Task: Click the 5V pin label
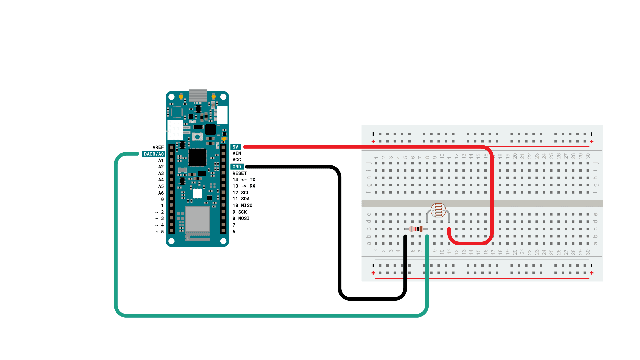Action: click(235, 147)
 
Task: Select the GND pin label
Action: click(237, 167)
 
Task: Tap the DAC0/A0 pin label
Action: click(154, 154)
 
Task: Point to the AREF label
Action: click(158, 147)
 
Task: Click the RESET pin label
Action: click(239, 173)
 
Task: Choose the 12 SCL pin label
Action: click(241, 193)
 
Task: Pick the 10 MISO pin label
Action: click(242, 205)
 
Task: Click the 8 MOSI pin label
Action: click(241, 218)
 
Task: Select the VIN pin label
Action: click(237, 153)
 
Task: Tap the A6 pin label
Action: click(161, 193)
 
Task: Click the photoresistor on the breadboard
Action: click(438, 210)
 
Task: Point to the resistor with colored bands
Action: click(416, 229)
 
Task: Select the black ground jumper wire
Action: click(339, 233)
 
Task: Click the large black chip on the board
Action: click(197, 157)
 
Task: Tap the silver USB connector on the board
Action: click(198, 95)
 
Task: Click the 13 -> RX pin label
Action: click(244, 186)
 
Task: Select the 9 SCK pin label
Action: click(240, 212)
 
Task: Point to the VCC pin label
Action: click(237, 160)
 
